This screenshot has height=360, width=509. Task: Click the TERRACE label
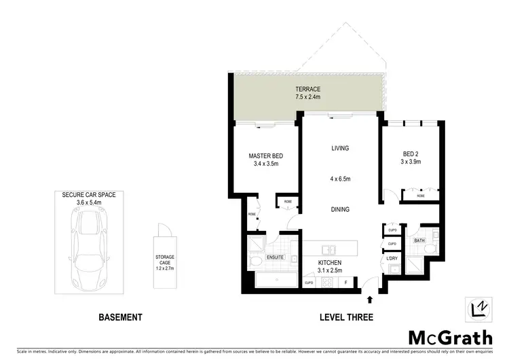(307, 90)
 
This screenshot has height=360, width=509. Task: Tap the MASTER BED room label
(265, 156)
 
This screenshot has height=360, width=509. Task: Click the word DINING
(339, 210)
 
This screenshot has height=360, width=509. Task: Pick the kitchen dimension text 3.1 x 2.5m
(331, 271)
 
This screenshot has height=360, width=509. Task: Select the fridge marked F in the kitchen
(346, 283)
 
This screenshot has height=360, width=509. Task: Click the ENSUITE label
(275, 258)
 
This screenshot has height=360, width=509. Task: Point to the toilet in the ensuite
(255, 261)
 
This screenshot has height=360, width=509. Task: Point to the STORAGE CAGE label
(166, 262)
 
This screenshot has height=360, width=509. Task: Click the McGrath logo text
(451, 337)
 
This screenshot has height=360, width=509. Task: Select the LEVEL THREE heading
(346, 317)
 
